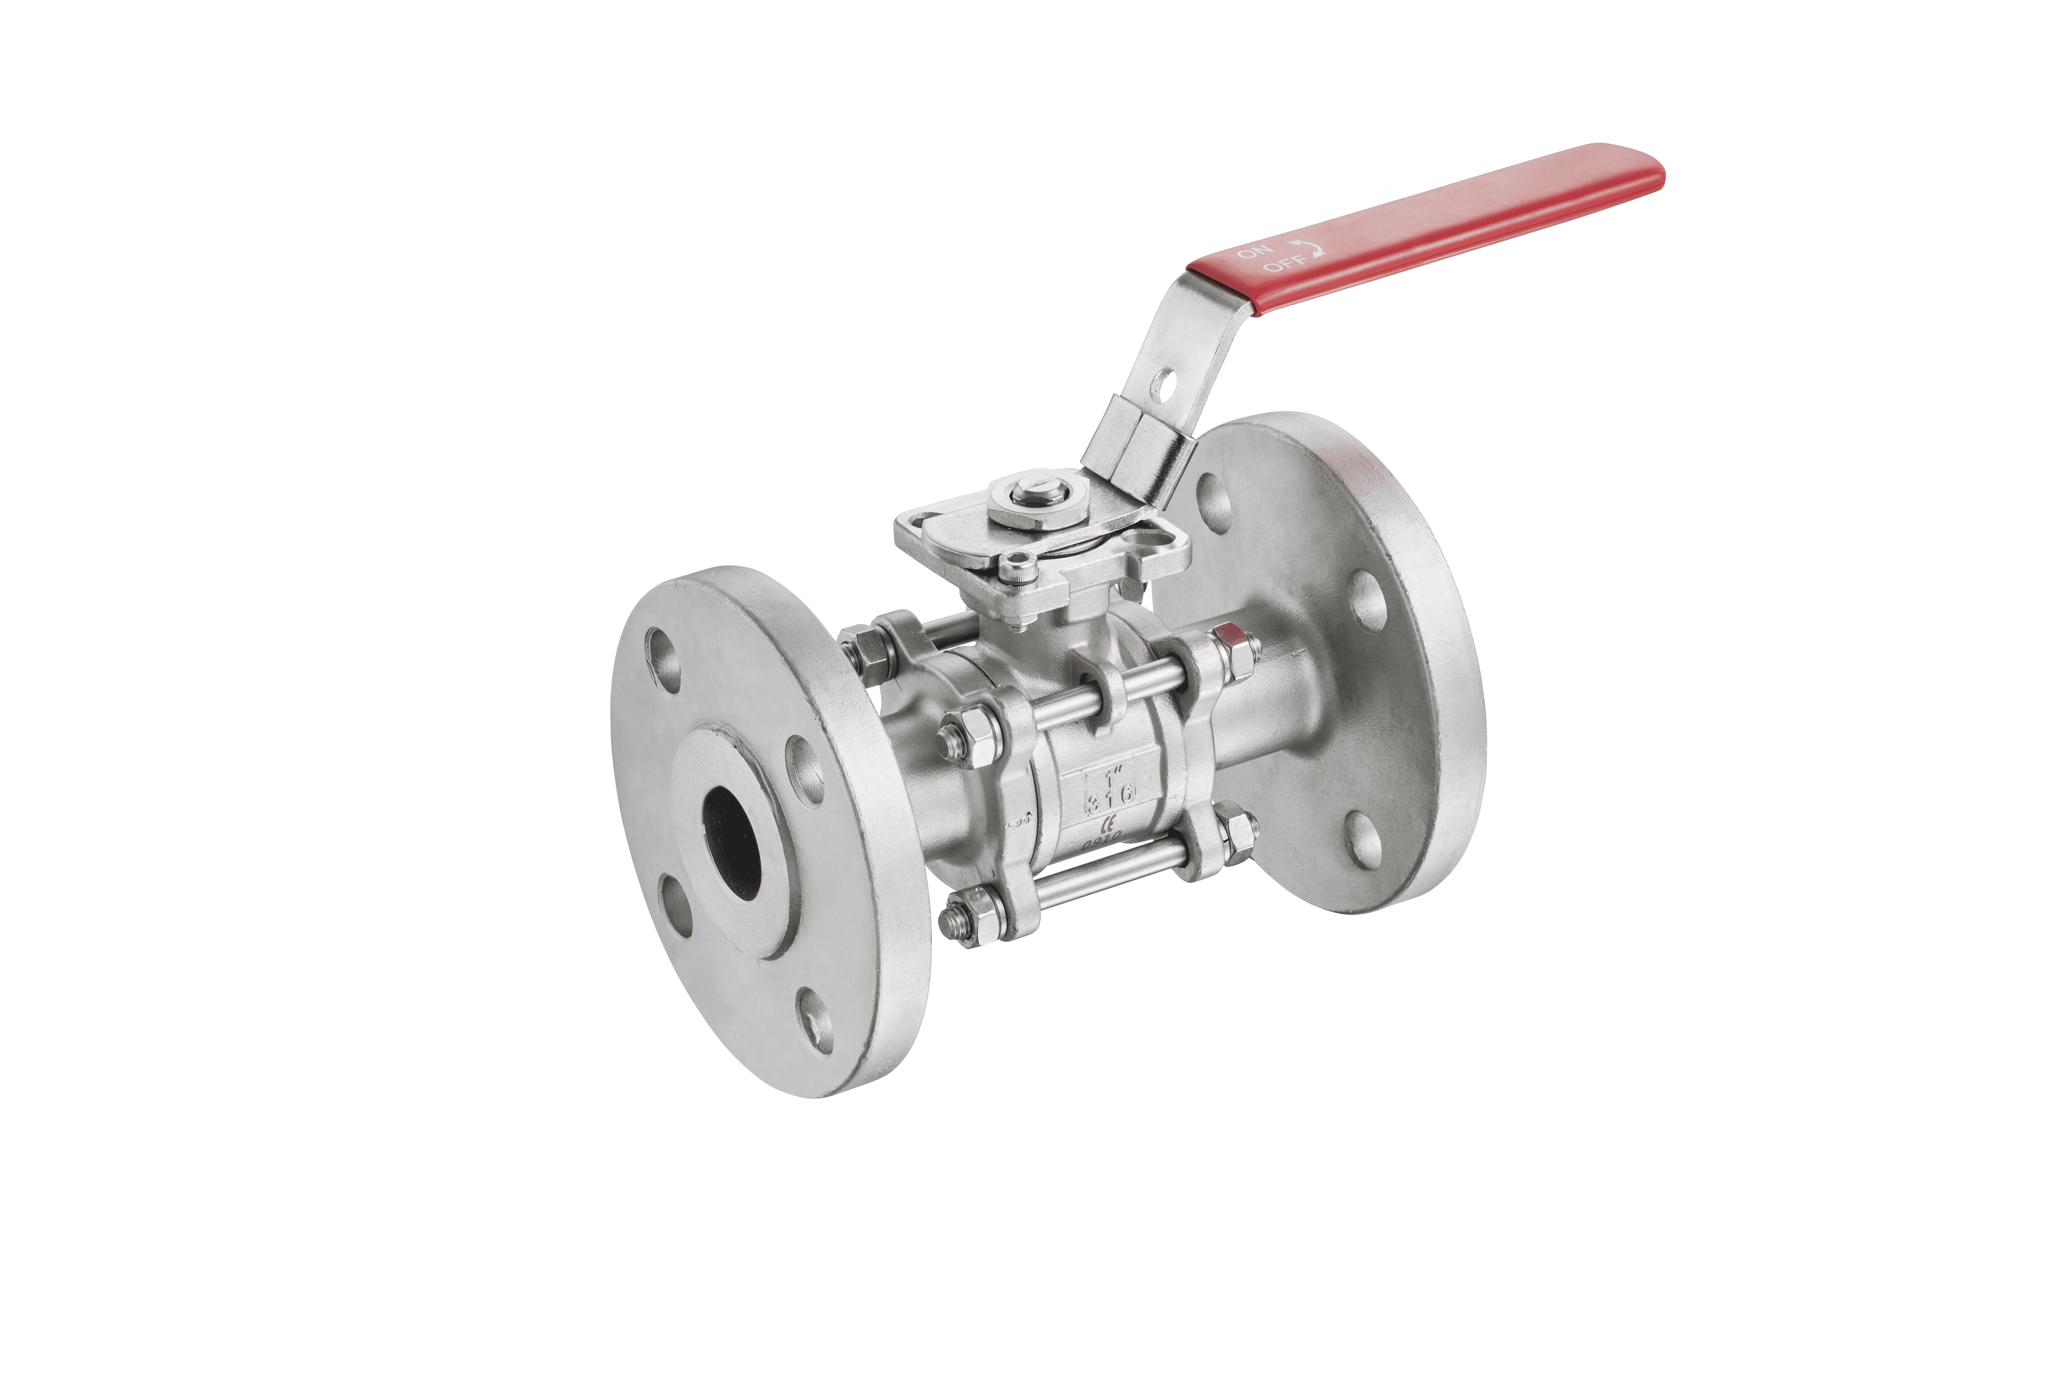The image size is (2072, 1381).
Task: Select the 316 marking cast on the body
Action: coord(1111,799)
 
